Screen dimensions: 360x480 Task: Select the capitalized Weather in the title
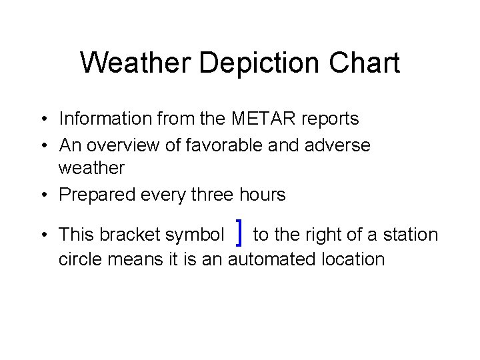pos(136,63)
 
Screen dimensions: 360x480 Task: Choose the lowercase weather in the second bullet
pos(91,169)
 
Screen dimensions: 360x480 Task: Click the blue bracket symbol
pos(239,233)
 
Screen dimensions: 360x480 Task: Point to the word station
pos(411,235)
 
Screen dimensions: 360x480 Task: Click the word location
pos(354,259)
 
